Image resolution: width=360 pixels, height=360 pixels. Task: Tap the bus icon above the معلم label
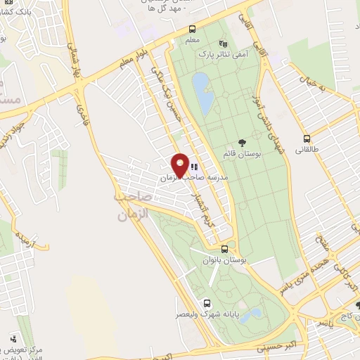pyautogui.click(x=193, y=29)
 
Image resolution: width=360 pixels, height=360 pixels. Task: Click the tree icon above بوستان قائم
pyautogui.click(x=243, y=143)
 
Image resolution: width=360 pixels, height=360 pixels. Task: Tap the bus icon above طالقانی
pyautogui.click(x=307, y=139)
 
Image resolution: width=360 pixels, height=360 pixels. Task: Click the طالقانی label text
pyautogui.click(x=307, y=150)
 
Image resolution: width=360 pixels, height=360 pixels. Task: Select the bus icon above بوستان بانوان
pyautogui.click(x=224, y=248)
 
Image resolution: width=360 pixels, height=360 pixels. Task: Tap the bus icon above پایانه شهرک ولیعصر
pyautogui.click(x=205, y=303)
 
